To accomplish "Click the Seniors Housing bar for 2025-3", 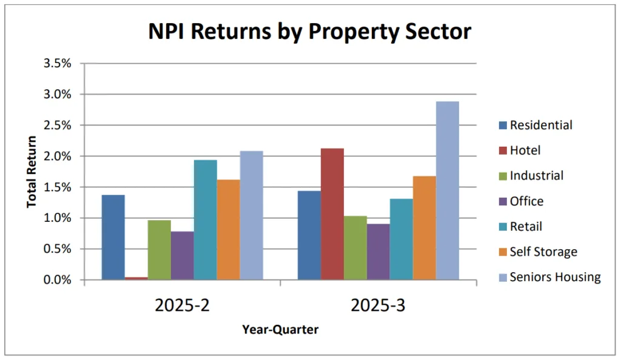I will point(447,191).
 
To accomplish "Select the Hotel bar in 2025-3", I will point(332,214).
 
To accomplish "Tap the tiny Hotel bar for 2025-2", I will point(136,278).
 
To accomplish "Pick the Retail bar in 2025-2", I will point(205,220).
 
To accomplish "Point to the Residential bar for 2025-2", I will point(113,238).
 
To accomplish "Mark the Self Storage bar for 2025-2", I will point(228,230).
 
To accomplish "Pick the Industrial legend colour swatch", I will point(499,176).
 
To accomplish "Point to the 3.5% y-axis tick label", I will point(58,64).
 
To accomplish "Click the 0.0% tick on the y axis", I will point(58,280).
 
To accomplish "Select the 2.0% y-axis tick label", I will point(58,156).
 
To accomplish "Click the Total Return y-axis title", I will point(32,172).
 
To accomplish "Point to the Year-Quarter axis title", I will point(280,330).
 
